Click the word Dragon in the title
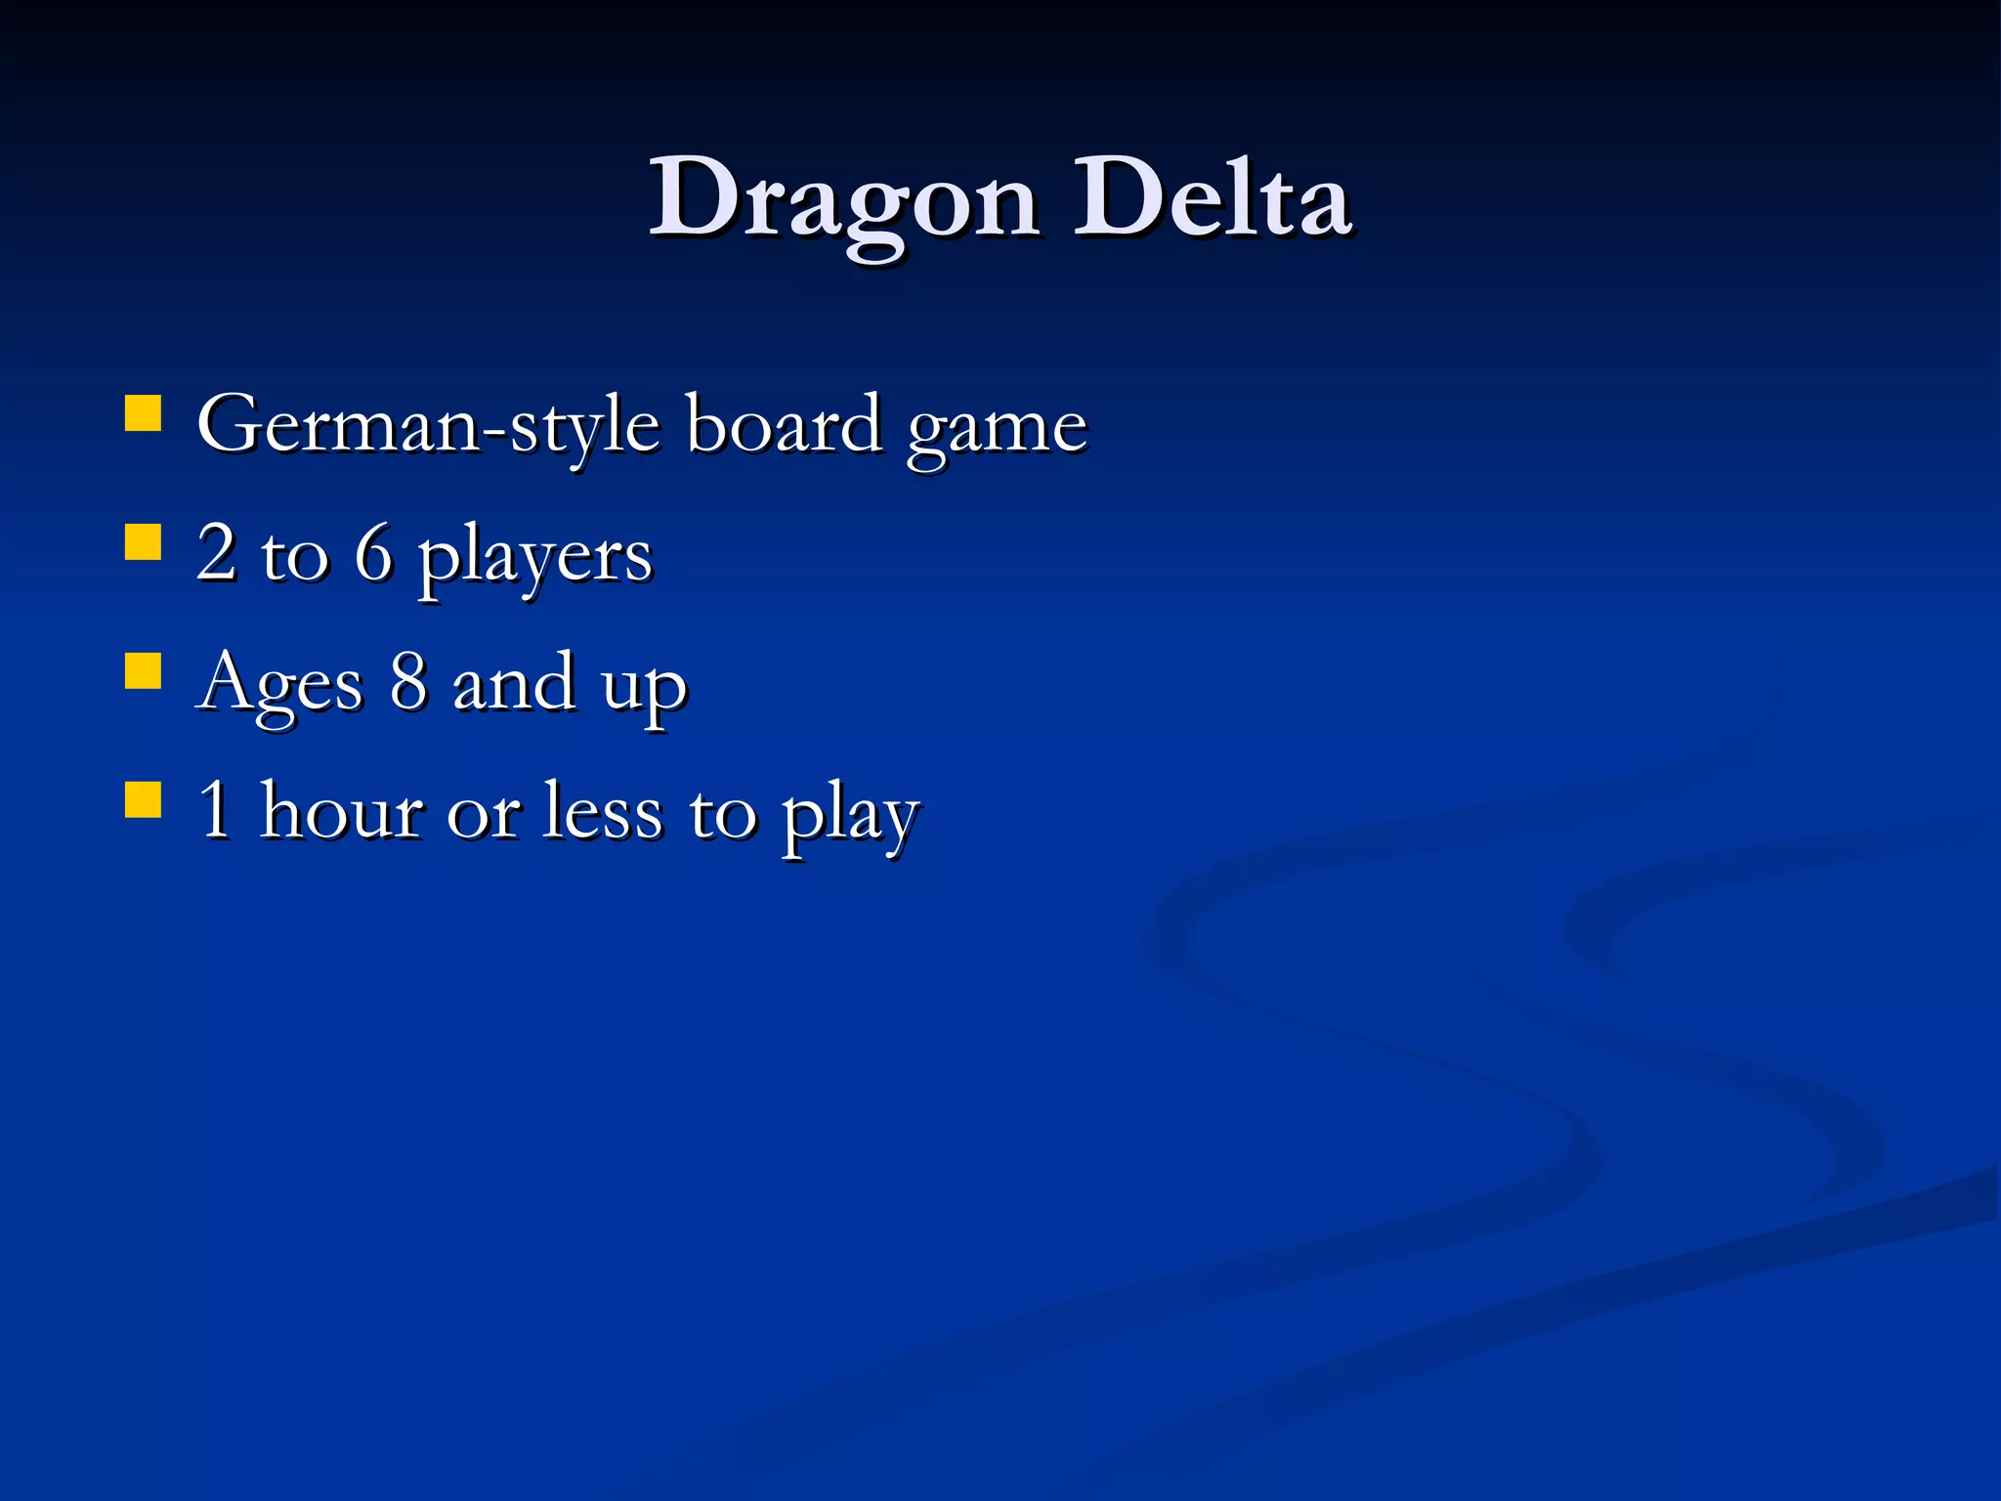(x=844, y=200)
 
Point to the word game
(x=996, y=430)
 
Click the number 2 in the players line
(x=216, y=552)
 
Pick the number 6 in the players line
(x=373, y=552)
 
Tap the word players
(x=535, y=557)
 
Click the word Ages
(x=279, y=684)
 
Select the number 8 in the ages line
(x=408, y=681)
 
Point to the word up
(x=645, y=689)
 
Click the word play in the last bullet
(x=850, y=816)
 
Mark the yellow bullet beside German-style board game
(x=144, y=412)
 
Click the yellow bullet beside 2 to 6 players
(x=144, y=541)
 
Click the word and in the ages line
(x=514, y=681)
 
